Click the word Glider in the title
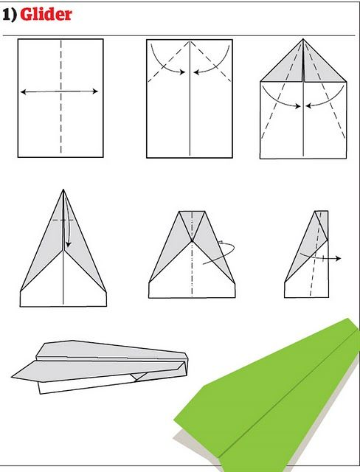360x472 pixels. (x=46, y=13)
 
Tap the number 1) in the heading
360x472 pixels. (x=10, y=13)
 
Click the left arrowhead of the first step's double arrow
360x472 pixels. (x=23, y=91)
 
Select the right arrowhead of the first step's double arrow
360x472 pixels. (x=96, y=91)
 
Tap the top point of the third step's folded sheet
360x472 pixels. (x=303, y=40)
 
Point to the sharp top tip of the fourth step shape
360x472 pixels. (x=63, y=190)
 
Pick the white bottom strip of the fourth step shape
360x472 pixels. (x=63, y=297)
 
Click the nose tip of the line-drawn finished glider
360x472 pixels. (x=14, y=379)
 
